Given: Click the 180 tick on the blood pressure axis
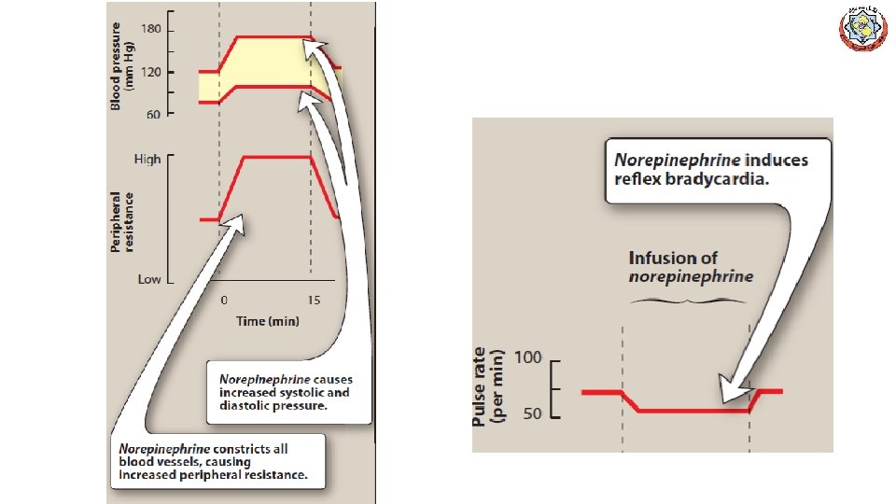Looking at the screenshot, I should [151, 29].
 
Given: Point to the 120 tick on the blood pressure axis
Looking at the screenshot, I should [151, 72].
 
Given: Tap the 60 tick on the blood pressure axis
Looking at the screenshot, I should [153, 114].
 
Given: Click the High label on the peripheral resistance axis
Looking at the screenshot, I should [147, 160].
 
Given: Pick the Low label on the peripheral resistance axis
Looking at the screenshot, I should [149, 279].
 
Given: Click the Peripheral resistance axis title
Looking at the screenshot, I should [122, 222].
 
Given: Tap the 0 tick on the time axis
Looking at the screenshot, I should [224, 301].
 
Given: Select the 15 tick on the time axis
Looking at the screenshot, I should [314, 301].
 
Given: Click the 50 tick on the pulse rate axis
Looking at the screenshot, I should [532, 413].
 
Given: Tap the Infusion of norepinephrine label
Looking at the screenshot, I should [690, 267].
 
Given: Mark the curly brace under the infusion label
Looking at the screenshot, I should [689, 301].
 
